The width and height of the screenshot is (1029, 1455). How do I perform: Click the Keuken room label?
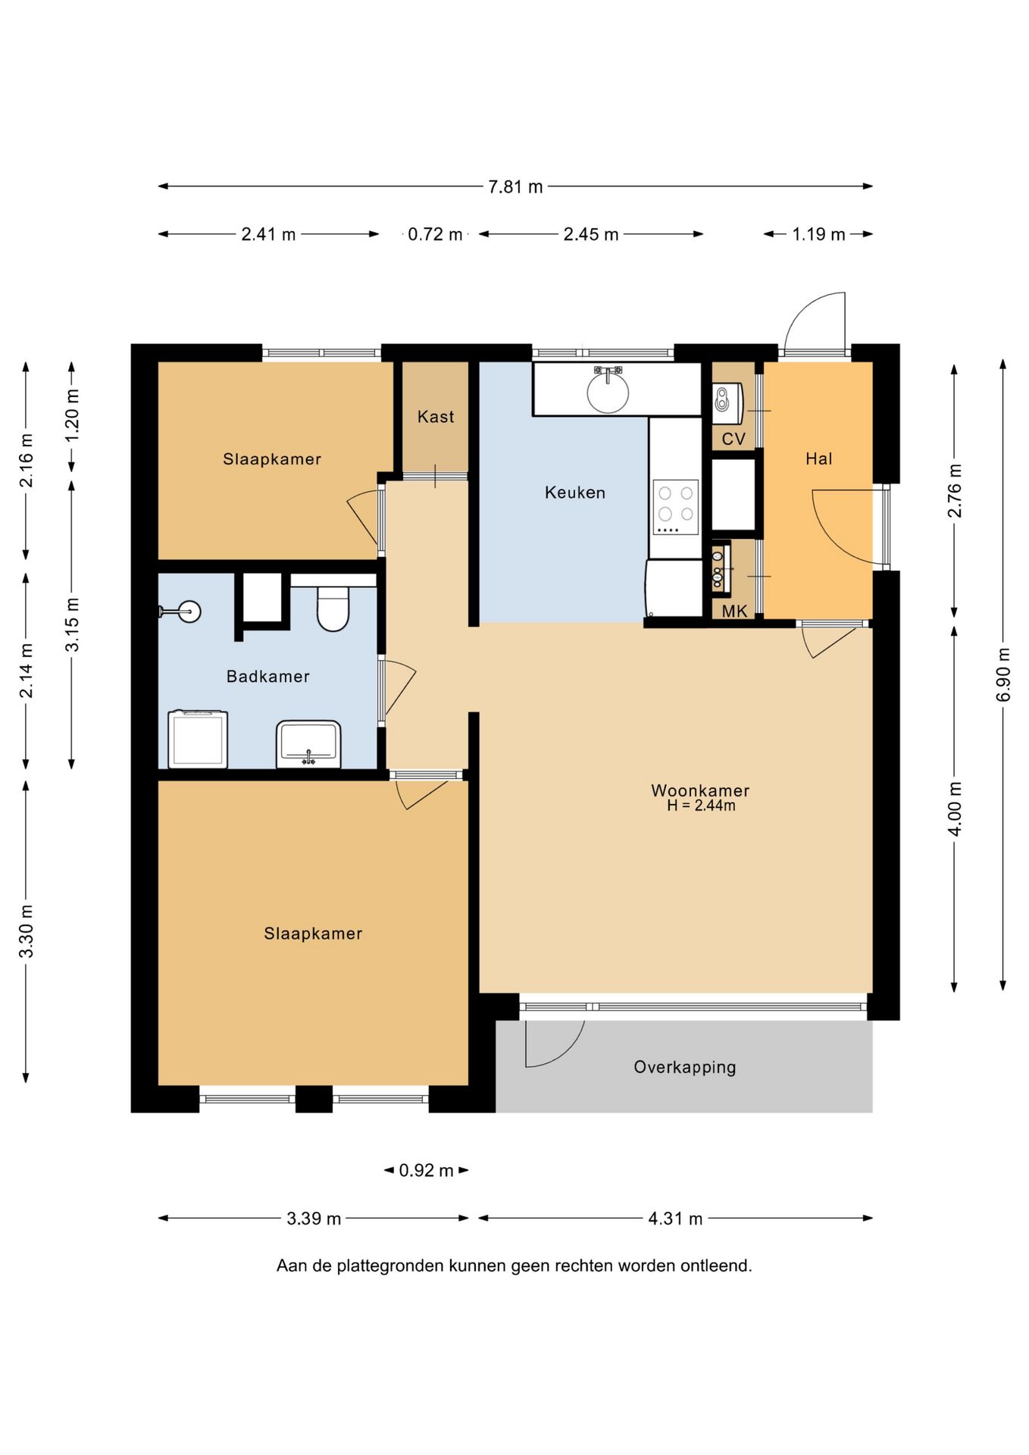[575, 493]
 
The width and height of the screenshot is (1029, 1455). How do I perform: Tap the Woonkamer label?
[700, 790]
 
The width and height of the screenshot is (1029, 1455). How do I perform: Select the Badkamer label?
[268, 676]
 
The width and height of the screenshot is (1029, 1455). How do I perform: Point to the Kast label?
[436, 416]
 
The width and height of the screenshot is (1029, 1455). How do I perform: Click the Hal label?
[819, 458]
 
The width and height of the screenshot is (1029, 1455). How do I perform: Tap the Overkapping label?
[685, 1067]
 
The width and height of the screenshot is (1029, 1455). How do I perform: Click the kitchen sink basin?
[608, 391]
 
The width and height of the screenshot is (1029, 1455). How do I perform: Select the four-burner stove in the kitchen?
[676, 507]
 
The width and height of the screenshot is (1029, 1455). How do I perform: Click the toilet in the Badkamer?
[333, 609]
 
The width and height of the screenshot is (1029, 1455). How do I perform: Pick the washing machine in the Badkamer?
[198, 739]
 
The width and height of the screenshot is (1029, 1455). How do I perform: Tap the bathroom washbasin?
[308, 743]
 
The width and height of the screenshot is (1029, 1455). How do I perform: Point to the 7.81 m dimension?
[515, 186]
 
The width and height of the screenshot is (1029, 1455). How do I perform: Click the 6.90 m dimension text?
[1003, 674]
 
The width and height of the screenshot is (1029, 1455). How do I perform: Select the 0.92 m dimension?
[427, 1170]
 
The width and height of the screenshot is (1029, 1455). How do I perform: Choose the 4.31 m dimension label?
[675, 1219]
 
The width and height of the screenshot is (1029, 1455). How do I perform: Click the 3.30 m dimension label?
[27, 931]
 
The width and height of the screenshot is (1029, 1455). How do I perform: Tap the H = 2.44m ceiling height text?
[701, 806]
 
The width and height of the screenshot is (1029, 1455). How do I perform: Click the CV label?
[733, 439]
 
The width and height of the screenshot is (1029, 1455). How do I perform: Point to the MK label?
[734, 611]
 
